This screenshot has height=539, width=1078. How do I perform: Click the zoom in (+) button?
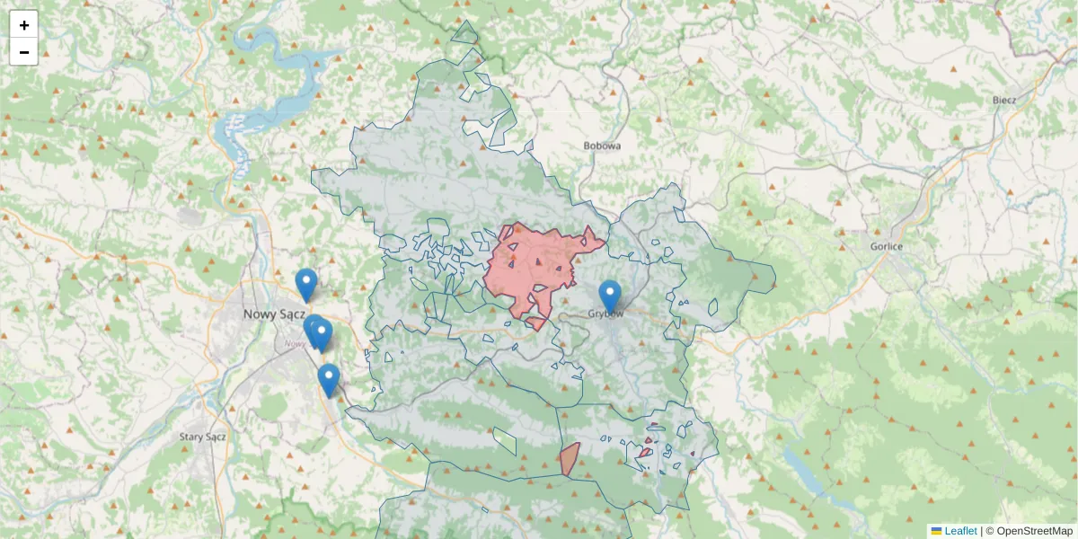click(23, 24)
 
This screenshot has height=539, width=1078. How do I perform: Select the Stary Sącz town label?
click(202, 437)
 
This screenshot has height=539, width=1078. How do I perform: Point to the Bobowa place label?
click(602, 145)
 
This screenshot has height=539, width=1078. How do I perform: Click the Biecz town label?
click(1003, 100)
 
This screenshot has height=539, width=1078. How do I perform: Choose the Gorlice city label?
click(886, 246)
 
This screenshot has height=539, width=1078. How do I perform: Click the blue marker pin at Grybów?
click(610, 296)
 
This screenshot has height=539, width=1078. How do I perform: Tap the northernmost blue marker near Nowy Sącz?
click(306, 284)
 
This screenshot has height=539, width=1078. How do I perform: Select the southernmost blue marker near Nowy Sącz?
click(329, 379)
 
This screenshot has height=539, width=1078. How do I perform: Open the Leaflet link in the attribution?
click(960, 531)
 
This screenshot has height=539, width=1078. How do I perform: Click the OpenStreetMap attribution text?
click(1034, 531)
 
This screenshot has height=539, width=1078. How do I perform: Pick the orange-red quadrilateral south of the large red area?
click(569, 459)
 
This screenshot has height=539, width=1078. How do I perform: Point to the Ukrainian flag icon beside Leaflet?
click(936, 531)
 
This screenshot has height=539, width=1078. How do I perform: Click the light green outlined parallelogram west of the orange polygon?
click(505, 440)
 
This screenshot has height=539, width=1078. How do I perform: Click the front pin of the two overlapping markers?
click(322, 334)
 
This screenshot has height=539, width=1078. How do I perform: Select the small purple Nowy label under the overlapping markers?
click(294, 343)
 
